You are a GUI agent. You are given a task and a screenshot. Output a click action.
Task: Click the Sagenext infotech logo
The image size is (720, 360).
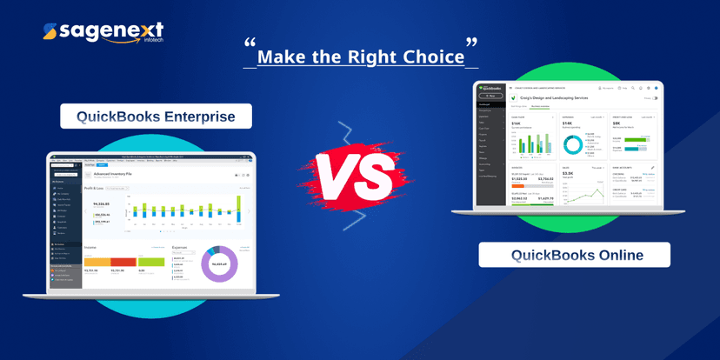(103, 33)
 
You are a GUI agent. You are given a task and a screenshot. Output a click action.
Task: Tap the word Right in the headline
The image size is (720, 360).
(363, 57)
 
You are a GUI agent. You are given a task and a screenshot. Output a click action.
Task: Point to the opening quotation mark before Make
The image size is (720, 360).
(250, 44)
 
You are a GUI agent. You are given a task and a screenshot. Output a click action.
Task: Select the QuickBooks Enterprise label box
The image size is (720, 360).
(156, 117)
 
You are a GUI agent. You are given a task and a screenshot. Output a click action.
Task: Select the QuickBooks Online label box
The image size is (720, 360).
(575, 255)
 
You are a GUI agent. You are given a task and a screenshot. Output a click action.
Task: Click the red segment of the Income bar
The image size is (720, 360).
(123, 261)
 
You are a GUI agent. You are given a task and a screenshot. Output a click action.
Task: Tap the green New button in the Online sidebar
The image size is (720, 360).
(490, 96)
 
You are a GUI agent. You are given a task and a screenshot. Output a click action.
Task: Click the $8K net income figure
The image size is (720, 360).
(616, 124)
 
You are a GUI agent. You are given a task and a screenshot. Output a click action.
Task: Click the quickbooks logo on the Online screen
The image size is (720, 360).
(490, 88)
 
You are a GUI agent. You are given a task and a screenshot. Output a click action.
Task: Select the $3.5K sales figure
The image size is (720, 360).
(568, 174)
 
